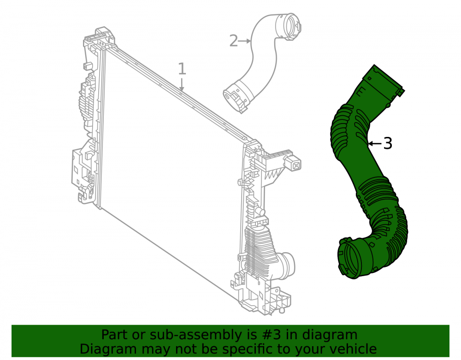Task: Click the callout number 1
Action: pos(182,69)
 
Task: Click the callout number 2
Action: pos(233,41)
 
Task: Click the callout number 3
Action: pos(388,143)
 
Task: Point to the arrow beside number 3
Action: pos(375,143)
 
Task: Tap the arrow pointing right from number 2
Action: pos(244,41)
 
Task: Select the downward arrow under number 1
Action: pos(182,84)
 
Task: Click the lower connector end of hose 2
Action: pos(236,98)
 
